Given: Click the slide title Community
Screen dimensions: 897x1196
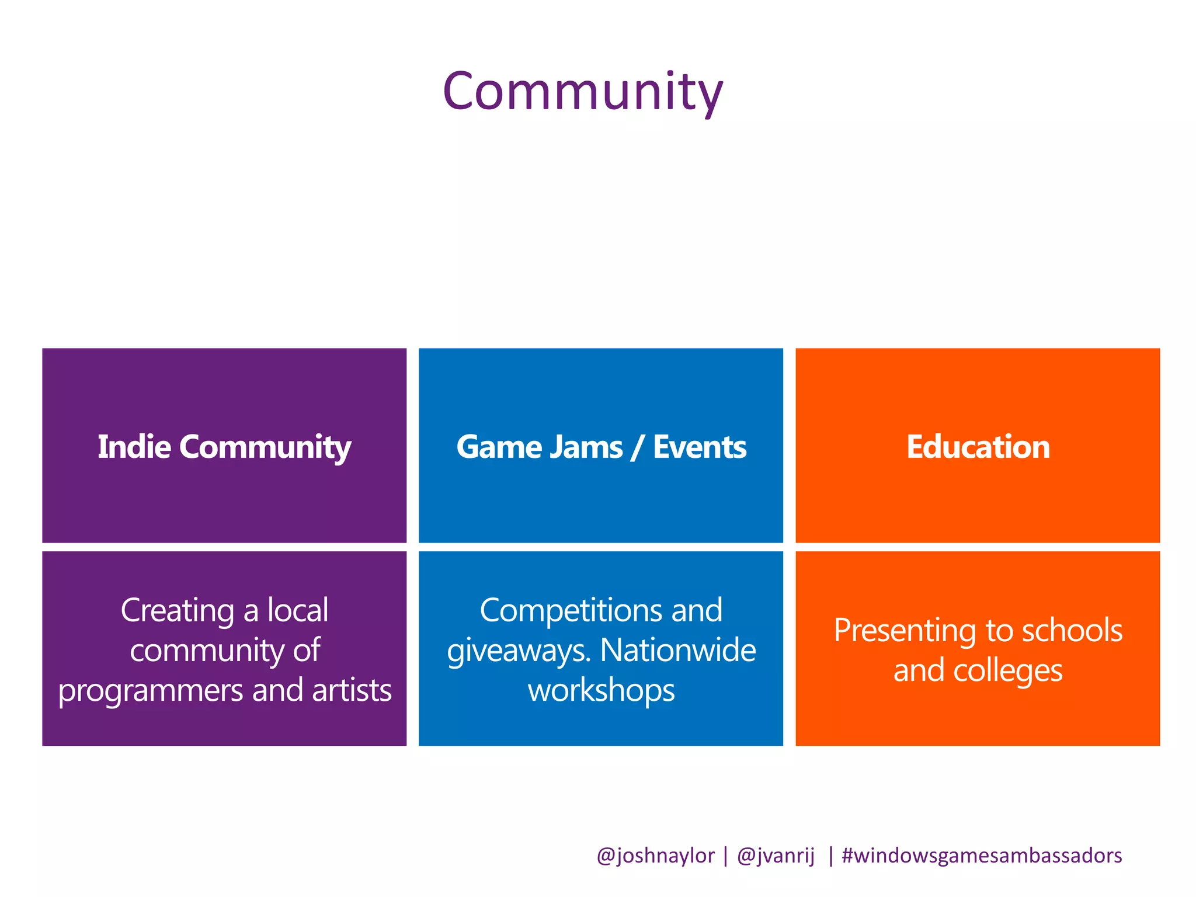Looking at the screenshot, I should point(583,92).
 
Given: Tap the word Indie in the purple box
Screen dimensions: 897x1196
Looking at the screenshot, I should point(134,447).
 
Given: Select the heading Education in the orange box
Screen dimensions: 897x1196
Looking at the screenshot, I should point(978,447).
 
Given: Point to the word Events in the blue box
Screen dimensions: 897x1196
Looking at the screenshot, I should point(700,447).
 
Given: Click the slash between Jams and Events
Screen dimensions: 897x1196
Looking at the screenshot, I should point(637,448).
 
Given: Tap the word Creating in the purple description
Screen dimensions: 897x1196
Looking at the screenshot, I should point(178,611).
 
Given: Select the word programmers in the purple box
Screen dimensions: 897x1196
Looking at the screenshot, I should point(151,691).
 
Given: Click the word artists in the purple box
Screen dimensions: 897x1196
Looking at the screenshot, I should point(352,690).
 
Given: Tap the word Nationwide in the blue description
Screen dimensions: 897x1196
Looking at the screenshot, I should point(677,650).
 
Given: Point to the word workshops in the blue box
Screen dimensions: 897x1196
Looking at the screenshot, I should point(601,691).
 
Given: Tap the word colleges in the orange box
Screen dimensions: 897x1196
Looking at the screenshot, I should point(1007,671).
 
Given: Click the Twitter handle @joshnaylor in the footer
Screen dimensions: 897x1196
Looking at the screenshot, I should point(655,856).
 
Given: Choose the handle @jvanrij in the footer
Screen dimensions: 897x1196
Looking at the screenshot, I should point(776,856).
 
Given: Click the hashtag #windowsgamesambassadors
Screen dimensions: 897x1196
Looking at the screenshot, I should point(982,856).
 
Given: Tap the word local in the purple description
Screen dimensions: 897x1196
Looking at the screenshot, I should point(298,610).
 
